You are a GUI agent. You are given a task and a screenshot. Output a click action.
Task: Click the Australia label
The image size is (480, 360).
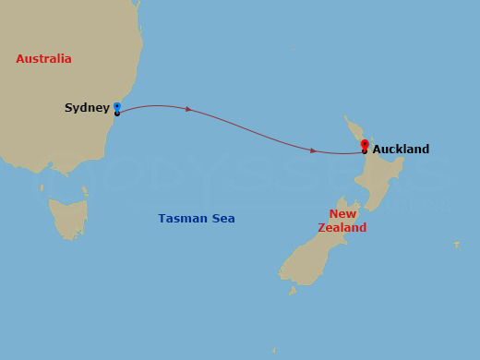[43, 59]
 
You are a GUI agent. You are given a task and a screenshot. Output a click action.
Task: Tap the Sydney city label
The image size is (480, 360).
[87, 108]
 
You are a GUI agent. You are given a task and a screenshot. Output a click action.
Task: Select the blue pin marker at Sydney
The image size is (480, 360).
[116, 107]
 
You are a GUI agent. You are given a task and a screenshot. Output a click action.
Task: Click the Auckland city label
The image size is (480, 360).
[401, 149]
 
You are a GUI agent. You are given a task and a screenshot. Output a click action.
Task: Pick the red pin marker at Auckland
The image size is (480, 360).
[365, 145]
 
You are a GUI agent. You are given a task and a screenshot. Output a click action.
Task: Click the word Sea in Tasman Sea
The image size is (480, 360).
[222, 219]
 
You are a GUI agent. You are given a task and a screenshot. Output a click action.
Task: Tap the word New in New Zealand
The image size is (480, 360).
[342, 214]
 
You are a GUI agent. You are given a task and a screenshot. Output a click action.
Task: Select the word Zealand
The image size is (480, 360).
[342, 227]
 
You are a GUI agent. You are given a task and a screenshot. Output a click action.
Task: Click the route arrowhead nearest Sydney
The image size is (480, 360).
[188, 110]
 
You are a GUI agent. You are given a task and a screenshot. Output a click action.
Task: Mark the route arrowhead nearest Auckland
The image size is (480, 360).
[314, 150]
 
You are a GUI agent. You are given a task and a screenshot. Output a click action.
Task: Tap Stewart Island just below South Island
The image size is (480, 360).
[293, 290]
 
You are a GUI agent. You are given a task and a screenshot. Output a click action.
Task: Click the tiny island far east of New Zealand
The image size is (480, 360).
[456, 245]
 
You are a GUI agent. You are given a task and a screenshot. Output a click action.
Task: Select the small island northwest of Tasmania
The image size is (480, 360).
[42, 187]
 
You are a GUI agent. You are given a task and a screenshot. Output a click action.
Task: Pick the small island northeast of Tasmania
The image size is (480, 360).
[84, 191]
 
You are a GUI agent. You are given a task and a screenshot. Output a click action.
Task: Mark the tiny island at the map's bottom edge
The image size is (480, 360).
[273, 350]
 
